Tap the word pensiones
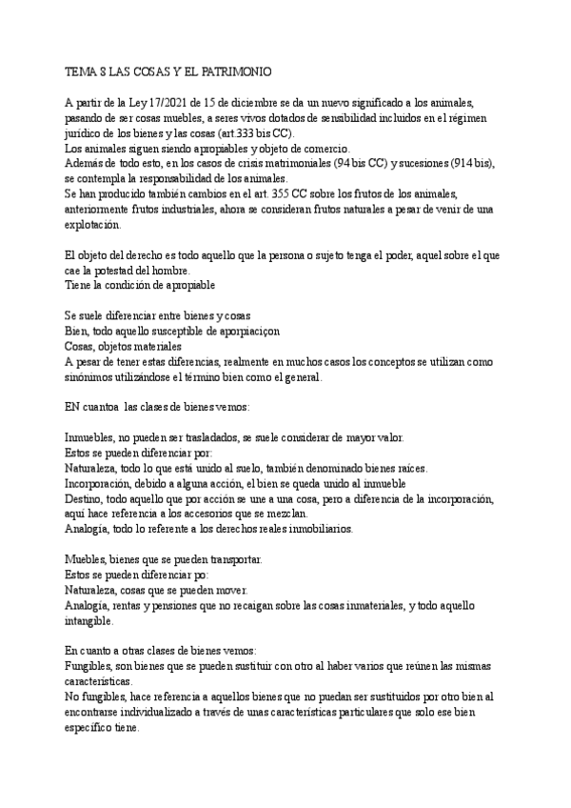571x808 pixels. [171, 605]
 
